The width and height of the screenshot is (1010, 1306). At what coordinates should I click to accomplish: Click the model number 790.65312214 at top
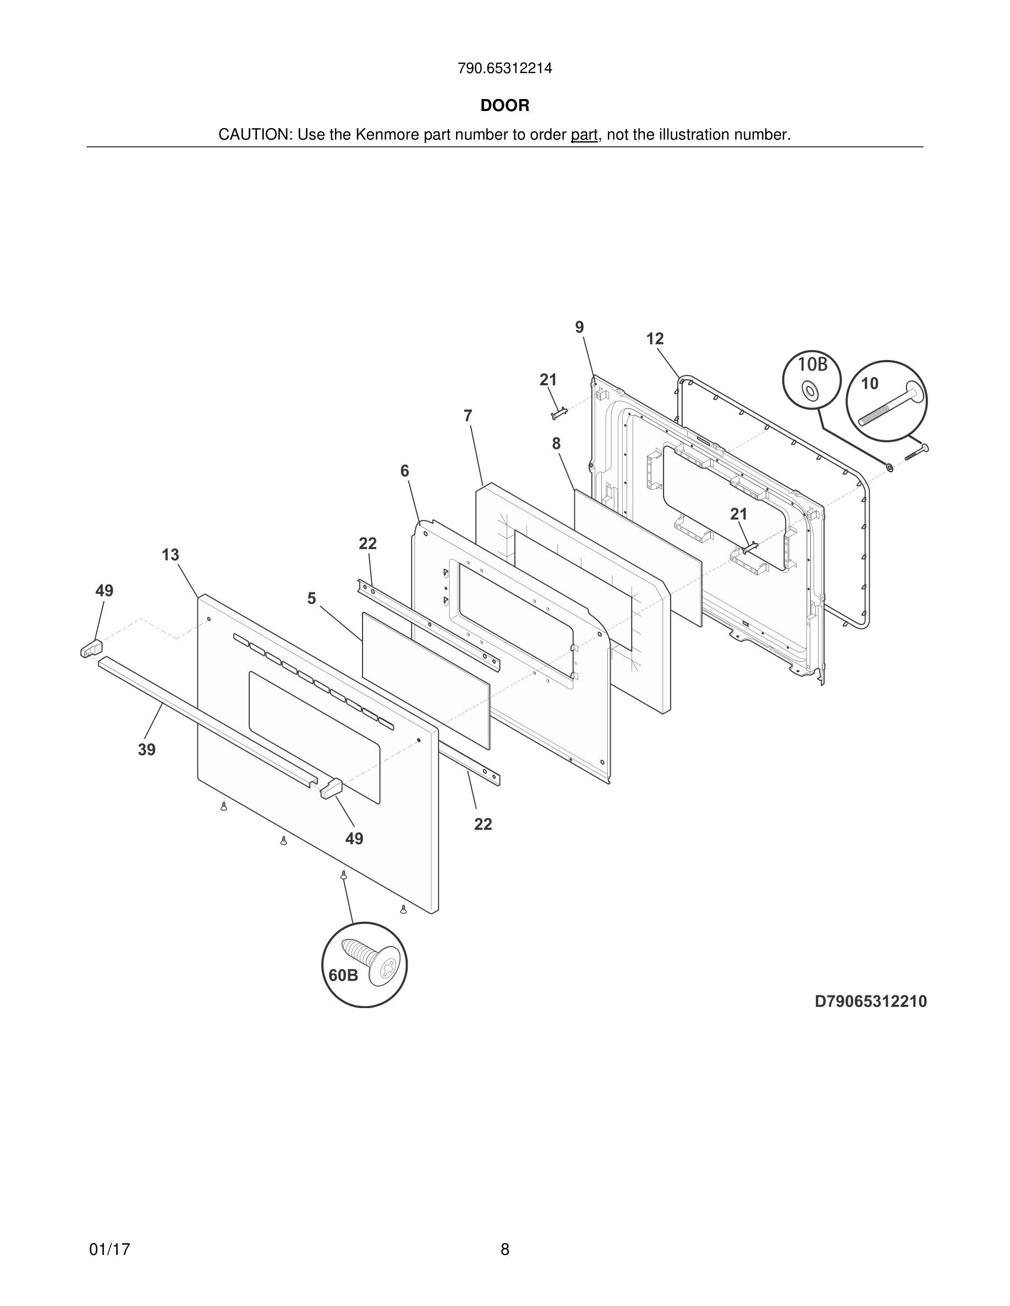504,69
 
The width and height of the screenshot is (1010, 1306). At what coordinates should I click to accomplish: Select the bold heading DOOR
504,106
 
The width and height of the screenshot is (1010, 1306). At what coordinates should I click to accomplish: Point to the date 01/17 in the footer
109,1249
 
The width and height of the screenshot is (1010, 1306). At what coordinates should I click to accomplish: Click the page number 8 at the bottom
504,1249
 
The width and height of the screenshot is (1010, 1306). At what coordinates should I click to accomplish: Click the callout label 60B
343,975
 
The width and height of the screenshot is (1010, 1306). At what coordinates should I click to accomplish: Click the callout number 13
170,555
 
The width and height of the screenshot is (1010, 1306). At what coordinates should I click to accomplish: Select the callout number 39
146,749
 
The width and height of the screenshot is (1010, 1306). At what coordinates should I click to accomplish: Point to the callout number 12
655,339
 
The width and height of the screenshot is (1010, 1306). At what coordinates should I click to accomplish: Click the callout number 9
579,327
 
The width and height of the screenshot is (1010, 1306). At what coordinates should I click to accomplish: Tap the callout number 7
468,416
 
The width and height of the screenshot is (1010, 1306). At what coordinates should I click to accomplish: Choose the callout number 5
311,599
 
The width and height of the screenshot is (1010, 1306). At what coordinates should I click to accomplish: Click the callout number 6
404,471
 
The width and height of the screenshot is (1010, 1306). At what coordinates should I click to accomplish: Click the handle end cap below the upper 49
91,649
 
